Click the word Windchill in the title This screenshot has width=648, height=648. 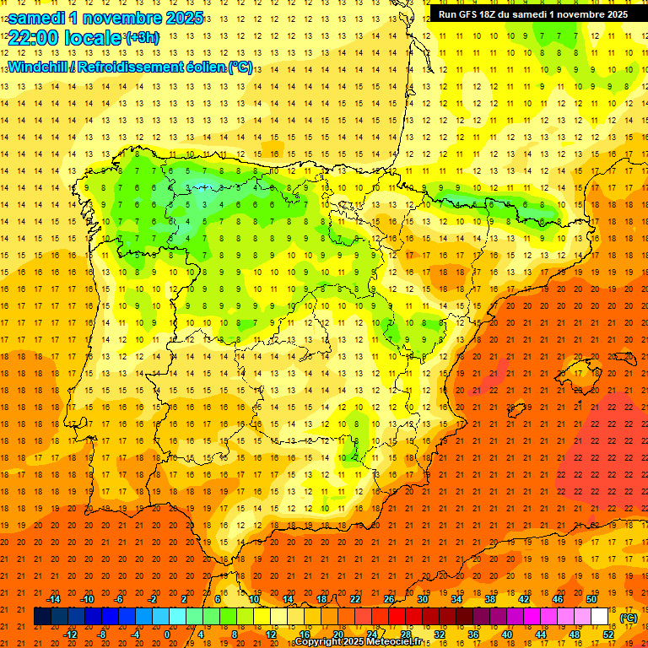[39, 66]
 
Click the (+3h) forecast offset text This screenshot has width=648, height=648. [141, 37]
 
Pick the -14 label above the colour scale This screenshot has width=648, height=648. [53, 599]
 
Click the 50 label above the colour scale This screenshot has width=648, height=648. [591, 599]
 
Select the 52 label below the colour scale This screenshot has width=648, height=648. [607, 634]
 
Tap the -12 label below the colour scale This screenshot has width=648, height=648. [70, 634]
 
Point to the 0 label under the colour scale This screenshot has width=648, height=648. [167, 634]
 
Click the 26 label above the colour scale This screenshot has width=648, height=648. [389, 599]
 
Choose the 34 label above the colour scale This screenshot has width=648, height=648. [456, 599]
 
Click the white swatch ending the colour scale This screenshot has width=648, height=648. [600, 616]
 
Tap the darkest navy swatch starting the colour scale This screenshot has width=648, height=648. [42, 616]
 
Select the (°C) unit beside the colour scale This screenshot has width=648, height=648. [628, 618]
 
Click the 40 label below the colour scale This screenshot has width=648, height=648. [506, 634]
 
